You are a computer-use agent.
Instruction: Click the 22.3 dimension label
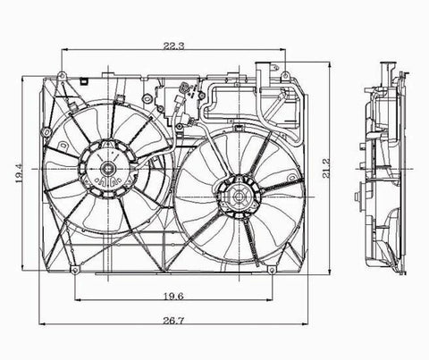173,46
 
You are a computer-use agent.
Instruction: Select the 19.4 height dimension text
19,173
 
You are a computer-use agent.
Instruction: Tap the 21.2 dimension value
327,168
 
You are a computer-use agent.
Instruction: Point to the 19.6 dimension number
173,297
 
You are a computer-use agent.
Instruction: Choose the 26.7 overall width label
173,321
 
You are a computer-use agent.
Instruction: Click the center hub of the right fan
240,197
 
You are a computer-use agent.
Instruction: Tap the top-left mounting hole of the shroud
62,75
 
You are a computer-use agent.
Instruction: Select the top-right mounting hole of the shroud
285,74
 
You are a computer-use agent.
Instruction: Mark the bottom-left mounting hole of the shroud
74,270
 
